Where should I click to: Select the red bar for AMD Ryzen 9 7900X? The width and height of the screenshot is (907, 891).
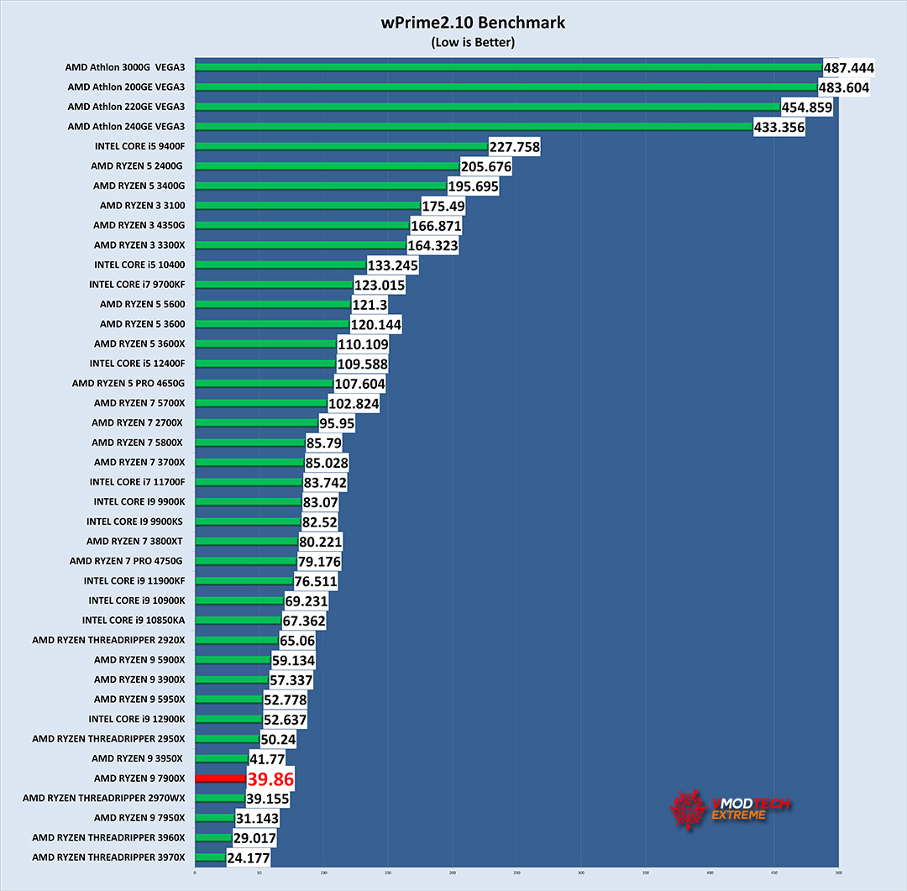pos(219,778)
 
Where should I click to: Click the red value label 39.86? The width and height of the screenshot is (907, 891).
pos(270,778)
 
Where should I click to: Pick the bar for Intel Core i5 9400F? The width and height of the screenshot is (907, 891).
pos(341,146)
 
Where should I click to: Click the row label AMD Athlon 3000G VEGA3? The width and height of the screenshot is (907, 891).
pos(125,67)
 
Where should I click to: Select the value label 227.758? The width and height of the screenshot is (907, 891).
pos(514,147)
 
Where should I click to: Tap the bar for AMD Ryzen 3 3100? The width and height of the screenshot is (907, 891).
pos(307,205)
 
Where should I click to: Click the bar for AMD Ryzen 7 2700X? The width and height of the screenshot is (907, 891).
pos(256,422)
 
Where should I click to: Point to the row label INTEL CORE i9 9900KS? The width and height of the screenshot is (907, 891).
pos(135,521)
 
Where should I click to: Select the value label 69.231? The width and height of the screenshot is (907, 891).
pos(307,600)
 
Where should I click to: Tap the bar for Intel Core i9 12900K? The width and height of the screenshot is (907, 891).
pos(228,719)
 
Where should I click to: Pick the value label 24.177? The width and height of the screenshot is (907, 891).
pos(249,857)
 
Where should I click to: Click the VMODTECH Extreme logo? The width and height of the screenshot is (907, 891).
pos(731,808)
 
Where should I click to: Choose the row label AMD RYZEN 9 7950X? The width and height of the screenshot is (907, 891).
pos(139,818)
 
